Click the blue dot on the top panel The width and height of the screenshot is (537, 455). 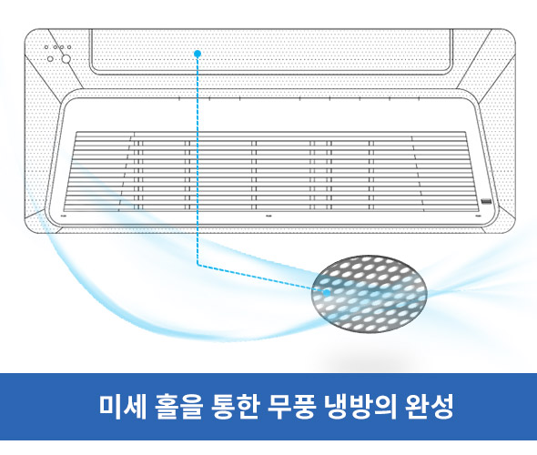(x=198, y=54)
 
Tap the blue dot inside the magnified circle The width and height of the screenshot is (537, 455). (x=327, y=293)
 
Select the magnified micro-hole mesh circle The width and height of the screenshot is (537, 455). (x=370, y=294)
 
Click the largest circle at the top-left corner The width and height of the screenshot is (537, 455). (x=66, y=59)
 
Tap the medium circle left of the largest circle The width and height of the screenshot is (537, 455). (x=50, y=59)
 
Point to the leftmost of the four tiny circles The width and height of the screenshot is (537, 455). (x=46, y=47)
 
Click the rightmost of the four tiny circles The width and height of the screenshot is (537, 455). (x=69, y=47)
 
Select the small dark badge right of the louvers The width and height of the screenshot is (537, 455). (x=486, y=202)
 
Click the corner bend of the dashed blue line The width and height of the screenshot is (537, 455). (x=198, y=264)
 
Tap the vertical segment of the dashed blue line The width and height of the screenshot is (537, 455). (x=198, y=160)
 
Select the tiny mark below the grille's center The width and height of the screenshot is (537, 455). (x=269, y=216)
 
